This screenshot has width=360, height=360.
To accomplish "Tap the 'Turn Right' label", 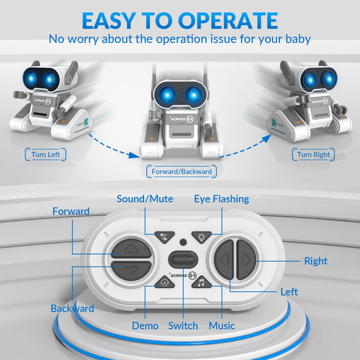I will click(314, 154).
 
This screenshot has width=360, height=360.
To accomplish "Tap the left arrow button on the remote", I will click(224, 260).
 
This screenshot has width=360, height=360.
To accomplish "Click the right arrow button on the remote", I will click(245, 259).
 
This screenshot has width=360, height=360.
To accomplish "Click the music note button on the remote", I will click(202, 282).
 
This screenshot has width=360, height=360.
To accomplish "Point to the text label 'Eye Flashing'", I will click(221, 199).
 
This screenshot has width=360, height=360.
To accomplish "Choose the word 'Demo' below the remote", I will click(145, 325).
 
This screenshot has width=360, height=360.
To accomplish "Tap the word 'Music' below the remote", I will click(221, 325).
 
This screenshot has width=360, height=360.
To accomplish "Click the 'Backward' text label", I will click(72, 308).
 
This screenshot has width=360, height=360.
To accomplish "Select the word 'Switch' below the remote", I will click(183, 325).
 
